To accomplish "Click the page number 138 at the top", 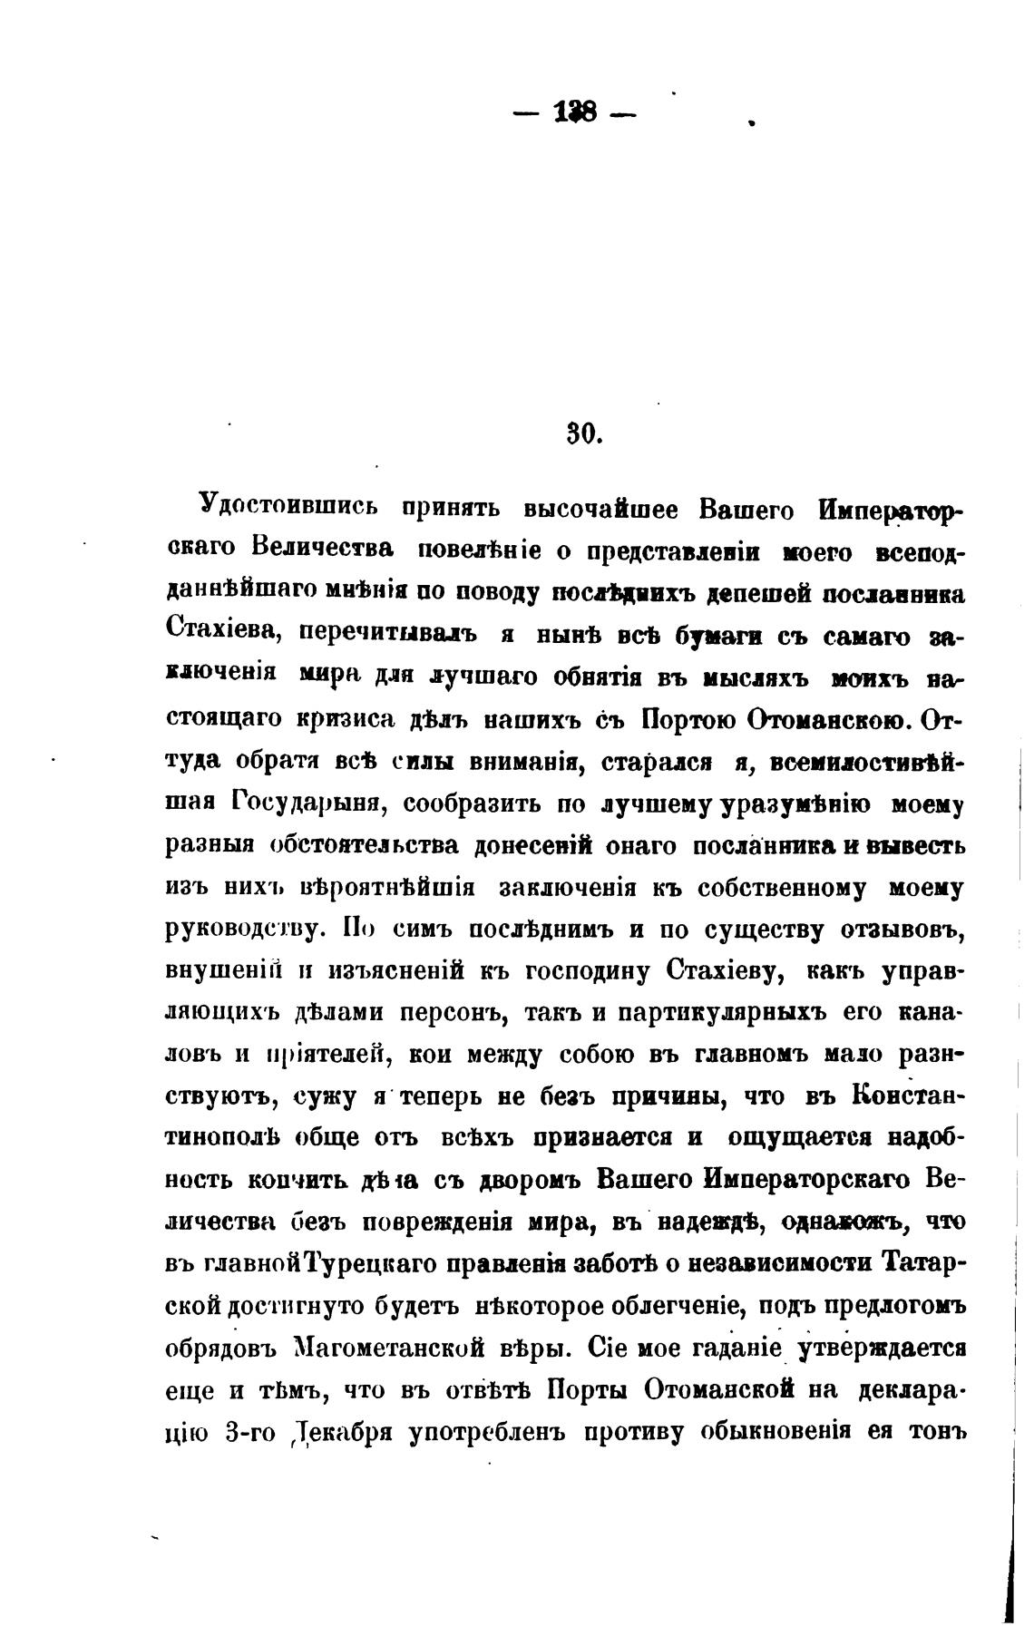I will tap(575, 113).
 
